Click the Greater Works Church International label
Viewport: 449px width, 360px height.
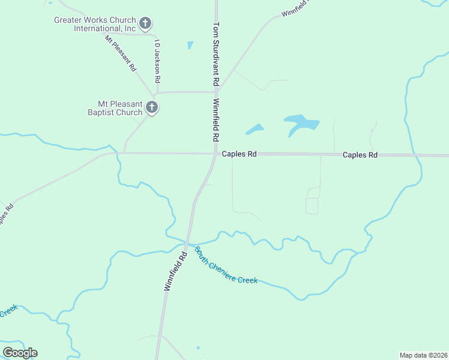[x=95, y=24]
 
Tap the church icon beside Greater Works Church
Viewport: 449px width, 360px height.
[x=145, y=24]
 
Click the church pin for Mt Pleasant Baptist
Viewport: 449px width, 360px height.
[x=152, y=108]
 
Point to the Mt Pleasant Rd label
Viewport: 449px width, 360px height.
[x=121, y=54]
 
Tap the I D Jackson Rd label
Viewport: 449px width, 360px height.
[x=157, y=61]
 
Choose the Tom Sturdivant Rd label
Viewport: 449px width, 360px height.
[x=216, y=54]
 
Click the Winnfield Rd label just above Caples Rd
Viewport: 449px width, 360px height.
[x=215, y=120]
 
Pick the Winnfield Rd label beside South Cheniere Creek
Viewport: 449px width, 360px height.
[x=176, y=271]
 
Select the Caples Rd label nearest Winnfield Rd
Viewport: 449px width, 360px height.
[x=239, y=154]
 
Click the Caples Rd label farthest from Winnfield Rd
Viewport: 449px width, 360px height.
[x=360, y=155]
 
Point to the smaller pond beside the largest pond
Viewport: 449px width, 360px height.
[x=255, y=129]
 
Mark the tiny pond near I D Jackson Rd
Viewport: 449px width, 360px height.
[x=190, y=45]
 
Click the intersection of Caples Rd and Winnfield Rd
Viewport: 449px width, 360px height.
[x=216, y=154]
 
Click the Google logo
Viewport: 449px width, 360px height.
[x=20, y=352]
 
